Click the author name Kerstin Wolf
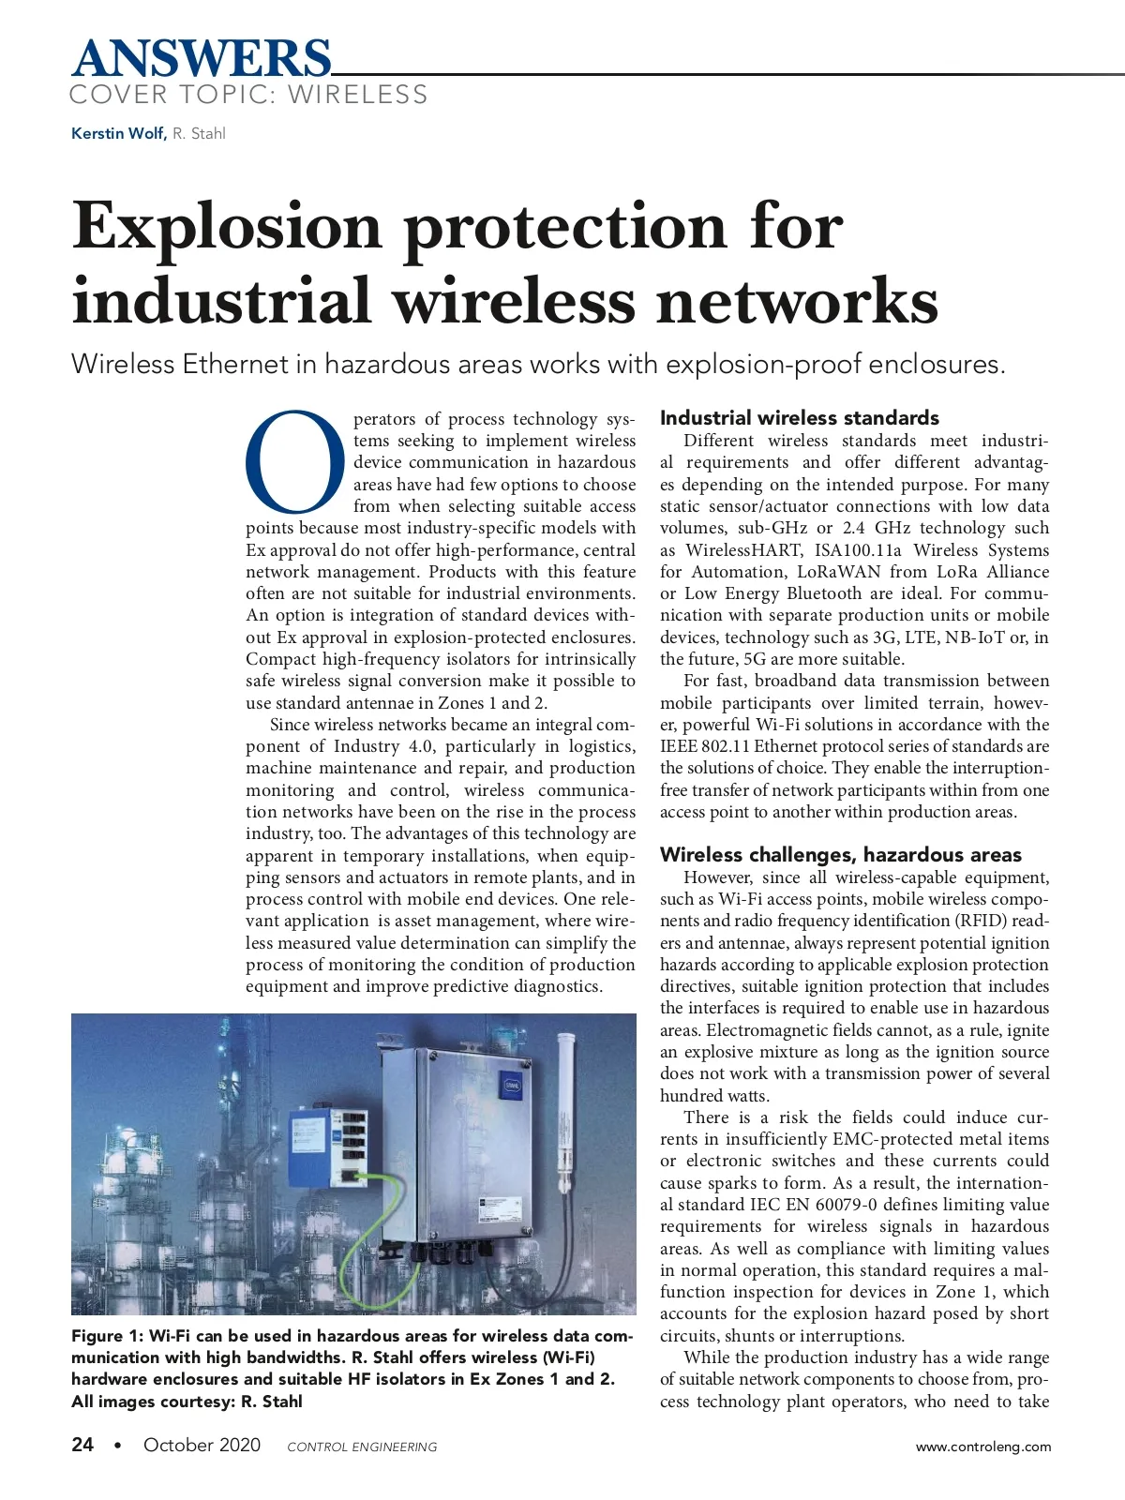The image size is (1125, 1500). (x=118, y=133)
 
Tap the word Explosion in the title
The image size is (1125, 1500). (x=227, y=228)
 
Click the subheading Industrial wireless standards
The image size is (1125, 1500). (x=799, y=418)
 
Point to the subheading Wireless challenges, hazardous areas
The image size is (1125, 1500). (x=840, y=855)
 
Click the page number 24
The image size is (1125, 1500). (x=82, y=1445)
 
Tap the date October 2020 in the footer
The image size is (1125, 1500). (x=202, y=1445)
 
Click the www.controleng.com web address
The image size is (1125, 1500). (x=983, y=1447)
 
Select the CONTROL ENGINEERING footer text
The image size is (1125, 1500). (x=362, y=1447)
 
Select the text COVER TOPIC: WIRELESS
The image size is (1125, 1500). (x=248, y=95)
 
